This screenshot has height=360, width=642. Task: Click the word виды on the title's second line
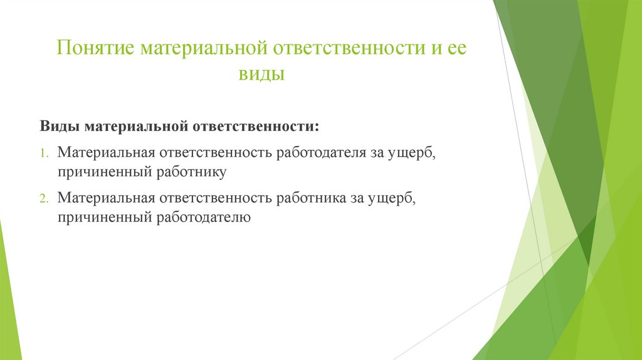click(261, 75)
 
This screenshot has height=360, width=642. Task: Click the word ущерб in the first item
click(408, 153)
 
